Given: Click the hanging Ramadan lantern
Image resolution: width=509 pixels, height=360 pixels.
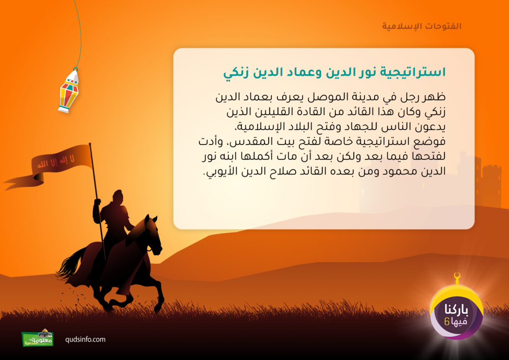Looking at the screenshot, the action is [x=69, y=91].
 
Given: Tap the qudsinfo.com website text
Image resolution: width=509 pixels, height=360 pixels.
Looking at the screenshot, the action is [x=86, y=340].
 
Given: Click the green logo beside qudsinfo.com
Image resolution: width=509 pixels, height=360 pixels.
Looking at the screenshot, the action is [x=38, y=338].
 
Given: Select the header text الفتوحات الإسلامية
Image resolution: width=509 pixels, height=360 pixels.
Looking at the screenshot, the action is [x=421, y=26].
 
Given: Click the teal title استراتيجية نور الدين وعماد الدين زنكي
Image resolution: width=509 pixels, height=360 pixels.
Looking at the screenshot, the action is [x=334, y=72].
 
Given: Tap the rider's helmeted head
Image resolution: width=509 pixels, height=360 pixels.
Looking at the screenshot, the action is [x=118, y=197].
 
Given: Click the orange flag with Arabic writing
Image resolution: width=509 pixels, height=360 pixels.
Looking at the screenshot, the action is [x=49, y=165].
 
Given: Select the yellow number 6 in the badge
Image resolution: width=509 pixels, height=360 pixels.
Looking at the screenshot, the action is [x=447, y=322].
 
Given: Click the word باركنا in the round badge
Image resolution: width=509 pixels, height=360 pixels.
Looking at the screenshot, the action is [x=457, y=310].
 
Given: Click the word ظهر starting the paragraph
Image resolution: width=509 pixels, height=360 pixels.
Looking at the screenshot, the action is [x=437, y=97].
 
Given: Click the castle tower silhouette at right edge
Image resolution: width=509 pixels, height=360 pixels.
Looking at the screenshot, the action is [x=492, y=185].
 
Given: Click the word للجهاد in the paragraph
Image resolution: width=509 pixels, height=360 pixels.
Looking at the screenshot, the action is [x=358, y=127].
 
